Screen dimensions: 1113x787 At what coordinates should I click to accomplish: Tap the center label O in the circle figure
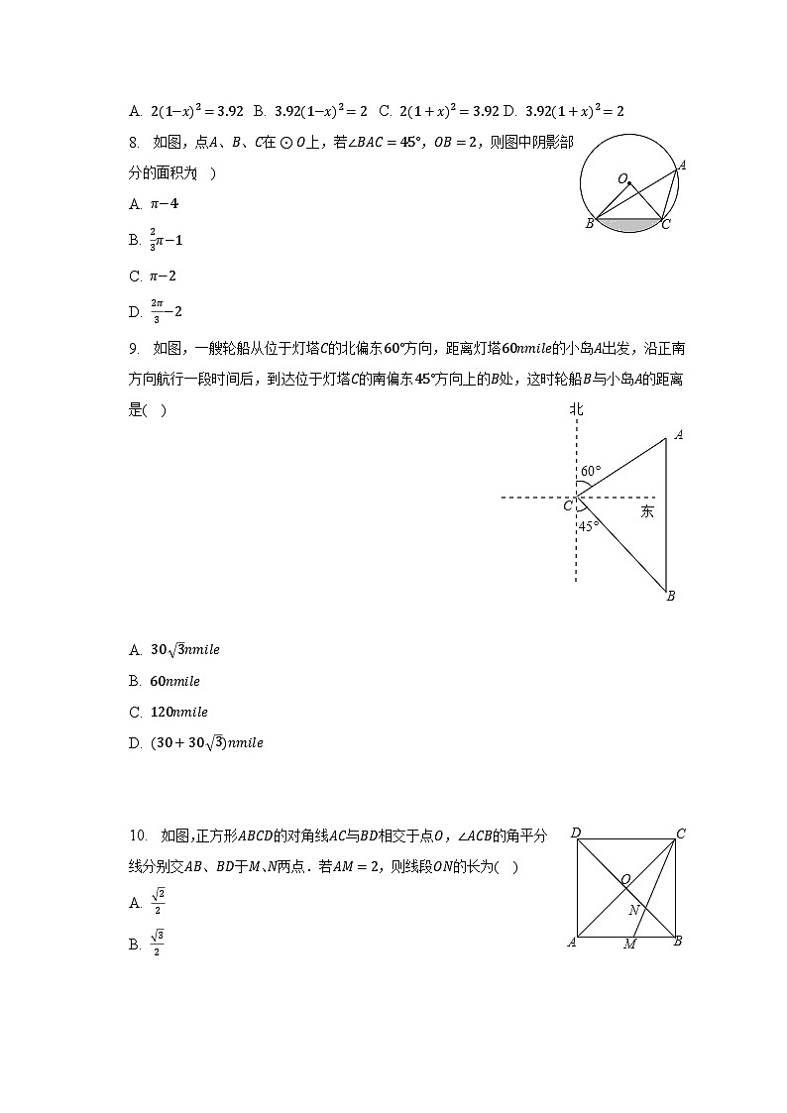pos(622,179)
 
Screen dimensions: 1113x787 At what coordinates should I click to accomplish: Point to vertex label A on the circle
pos(682,165)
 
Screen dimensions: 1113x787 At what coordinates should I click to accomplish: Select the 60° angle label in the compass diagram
pos(591,471)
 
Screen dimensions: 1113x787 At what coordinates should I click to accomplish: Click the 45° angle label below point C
pos(589,526)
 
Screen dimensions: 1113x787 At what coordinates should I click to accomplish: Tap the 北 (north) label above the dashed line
pos(576,408)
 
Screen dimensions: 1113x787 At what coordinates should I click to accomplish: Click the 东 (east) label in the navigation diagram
pos(646,511)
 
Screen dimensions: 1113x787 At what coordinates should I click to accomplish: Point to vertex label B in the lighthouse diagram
pos(671,596)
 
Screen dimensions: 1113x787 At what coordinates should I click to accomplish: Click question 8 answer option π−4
pos(164,203)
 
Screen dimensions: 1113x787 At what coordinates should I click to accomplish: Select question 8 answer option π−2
pos(164,276)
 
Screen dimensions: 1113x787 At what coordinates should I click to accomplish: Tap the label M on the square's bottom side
pos(629,945)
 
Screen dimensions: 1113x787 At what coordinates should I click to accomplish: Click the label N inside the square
pos(633,909)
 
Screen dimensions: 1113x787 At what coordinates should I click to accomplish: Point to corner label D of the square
pos(575,833)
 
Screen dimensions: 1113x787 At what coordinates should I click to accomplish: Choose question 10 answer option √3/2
pos(157,943)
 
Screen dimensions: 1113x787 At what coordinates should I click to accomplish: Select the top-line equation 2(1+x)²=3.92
pos(448,111)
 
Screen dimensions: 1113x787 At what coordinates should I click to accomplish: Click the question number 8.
pos(134,143)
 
